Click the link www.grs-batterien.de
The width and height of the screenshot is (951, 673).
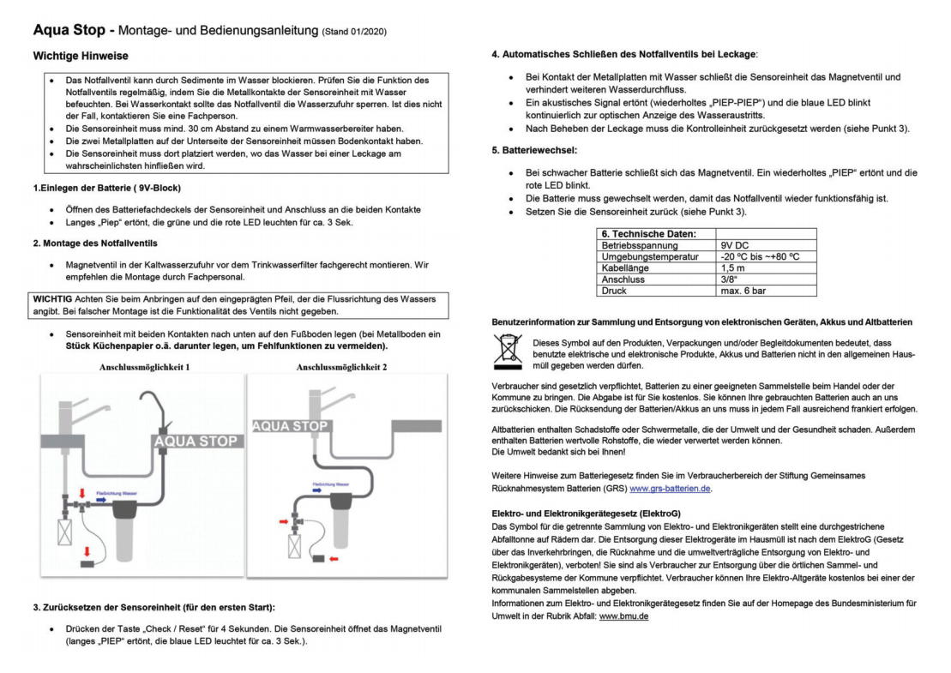coord(671,489)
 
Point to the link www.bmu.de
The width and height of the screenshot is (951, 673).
coord(623,616)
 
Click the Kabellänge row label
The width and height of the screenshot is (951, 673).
coord(626,268)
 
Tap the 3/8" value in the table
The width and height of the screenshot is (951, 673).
coord(730,279)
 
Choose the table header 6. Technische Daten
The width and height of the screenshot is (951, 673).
coord(648,233)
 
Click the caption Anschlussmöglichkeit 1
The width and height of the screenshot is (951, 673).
coord(144,367)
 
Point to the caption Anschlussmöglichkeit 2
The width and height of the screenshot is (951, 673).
coord(341,367)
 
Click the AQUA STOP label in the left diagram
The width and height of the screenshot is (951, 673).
coord(195,441)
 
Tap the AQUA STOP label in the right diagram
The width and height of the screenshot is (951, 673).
coord(290,426)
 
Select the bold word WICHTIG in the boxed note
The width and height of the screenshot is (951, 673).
coord(55,298)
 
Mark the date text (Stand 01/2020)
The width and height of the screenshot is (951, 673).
coord(354,33)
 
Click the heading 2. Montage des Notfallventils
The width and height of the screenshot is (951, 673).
coord(95,243)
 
